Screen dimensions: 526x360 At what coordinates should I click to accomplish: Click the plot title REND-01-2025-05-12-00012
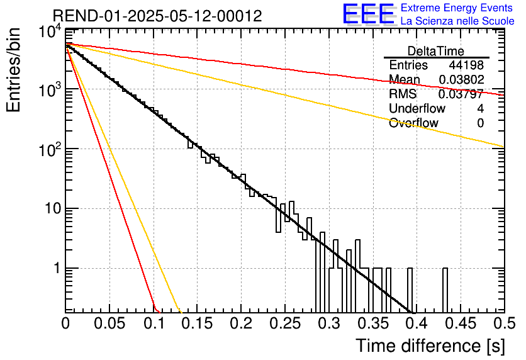tap(157, 16)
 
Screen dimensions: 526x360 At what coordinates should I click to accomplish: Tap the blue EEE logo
tap(368, 14)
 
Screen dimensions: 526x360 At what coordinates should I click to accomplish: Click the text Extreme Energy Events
tap(457, 8)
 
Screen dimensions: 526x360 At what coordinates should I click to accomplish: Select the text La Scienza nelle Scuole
tap(457, 21)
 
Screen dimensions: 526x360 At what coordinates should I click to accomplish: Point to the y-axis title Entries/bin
tap(13, 70)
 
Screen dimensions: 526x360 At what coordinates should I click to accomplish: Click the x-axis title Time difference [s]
tap(430, 346)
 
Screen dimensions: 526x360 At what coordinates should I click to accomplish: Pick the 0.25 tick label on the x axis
tap(285, 323)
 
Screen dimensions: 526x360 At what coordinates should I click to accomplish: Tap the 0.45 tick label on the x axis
tap(461, 323)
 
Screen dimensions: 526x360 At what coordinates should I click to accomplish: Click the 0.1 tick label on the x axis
tap(154, 323)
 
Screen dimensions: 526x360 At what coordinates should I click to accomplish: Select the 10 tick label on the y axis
tap(53, 209)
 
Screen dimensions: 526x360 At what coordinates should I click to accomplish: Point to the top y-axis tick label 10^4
tap(50, 32)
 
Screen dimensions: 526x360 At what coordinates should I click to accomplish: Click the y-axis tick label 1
tap(57, 268)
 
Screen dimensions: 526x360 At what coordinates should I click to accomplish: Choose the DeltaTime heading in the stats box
tap(436, 52)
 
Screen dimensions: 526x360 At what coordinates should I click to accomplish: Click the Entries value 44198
tap(466, 65)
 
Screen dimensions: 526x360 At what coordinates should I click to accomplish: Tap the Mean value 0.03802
tap(461, 79)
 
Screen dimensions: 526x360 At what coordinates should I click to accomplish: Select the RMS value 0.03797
tap(461, 94)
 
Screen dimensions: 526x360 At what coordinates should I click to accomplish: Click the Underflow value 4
tap(480, 108)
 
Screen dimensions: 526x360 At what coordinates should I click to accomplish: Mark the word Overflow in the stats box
tap(413, 123)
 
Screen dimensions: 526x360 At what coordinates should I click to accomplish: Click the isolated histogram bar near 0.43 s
tap(445, 290)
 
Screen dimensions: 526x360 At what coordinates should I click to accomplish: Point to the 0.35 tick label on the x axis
tap(372, 323)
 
